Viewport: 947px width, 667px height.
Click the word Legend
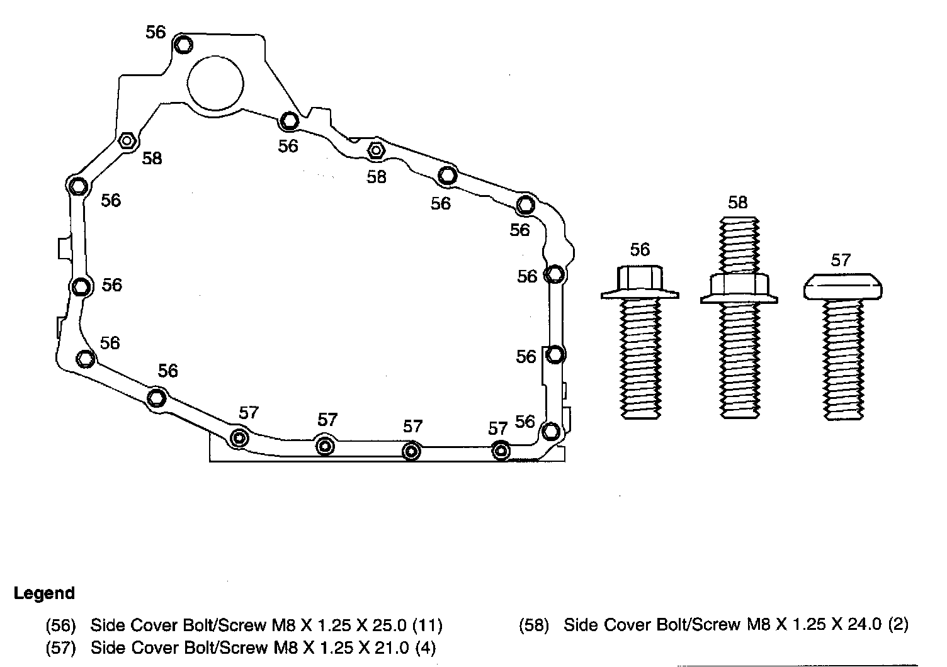coord(44,593)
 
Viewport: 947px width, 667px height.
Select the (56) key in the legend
coord(60,625)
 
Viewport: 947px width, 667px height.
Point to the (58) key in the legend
coord(534,625)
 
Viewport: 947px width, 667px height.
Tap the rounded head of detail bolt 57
coord(842,287)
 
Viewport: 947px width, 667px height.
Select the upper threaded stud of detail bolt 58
coord(739,245)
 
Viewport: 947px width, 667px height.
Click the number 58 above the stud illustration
coord(737,203)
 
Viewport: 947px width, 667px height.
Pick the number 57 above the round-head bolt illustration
coord(841,259)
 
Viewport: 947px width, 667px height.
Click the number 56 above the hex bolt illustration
coord(640,250)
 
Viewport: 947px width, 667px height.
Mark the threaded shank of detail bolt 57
coord(843,359)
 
